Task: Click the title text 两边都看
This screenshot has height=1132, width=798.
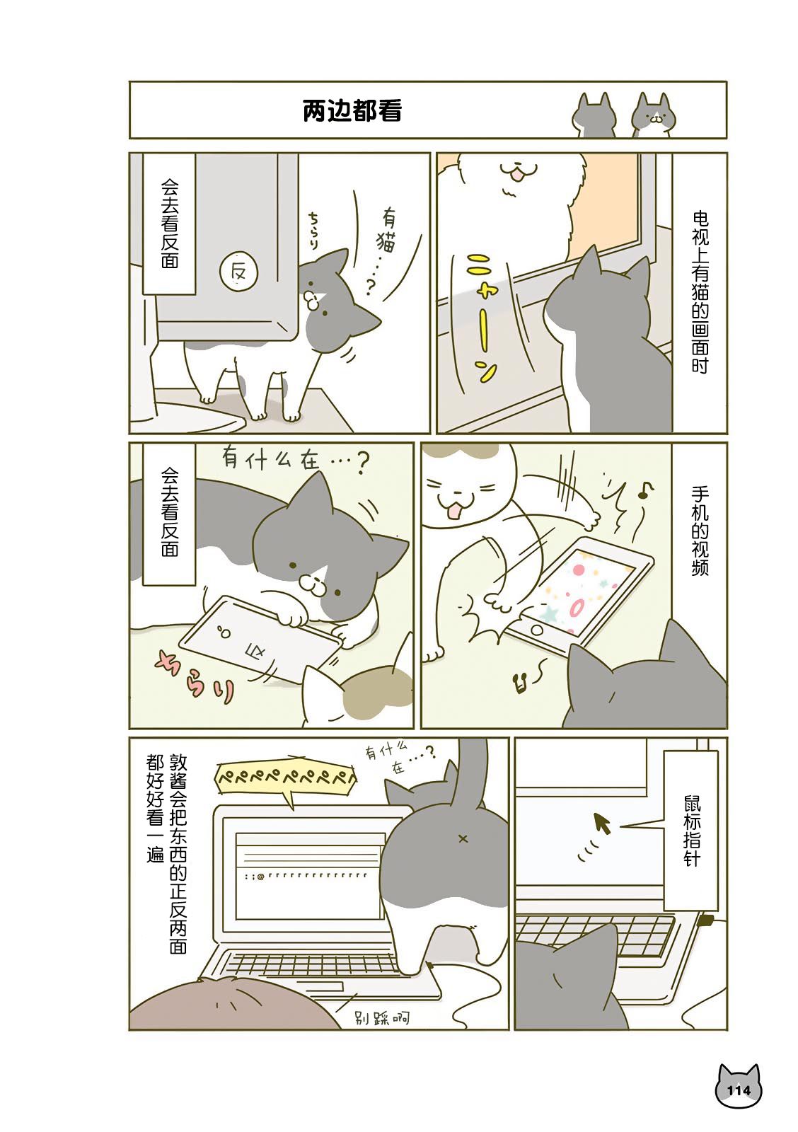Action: click(352, 110)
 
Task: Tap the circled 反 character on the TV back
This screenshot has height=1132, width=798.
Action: click(238, 272)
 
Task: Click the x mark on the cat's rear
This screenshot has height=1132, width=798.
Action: click(463, 839)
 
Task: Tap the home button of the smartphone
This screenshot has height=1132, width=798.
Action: click(537, 630)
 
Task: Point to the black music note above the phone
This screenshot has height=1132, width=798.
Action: click(645, 490)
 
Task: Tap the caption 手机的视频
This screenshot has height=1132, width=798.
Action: click(700, 531)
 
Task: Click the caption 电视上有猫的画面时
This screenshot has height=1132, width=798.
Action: click(700, 293)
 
